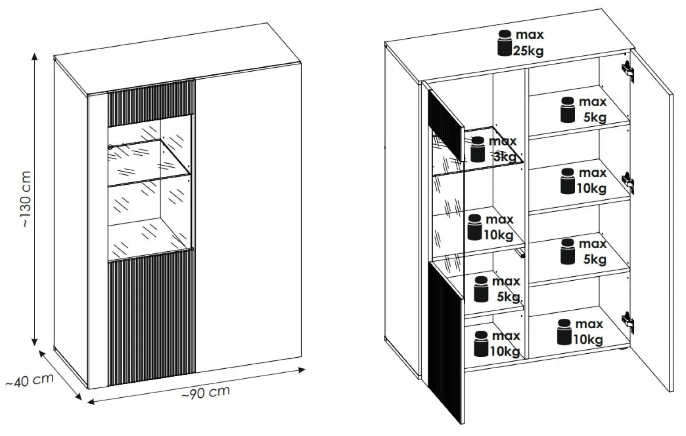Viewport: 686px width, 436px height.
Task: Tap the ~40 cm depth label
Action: [x=29, y=381]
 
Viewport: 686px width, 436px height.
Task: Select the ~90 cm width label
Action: [x=206, y=392]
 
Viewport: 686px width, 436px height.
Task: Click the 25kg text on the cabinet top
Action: [x=528, y=51]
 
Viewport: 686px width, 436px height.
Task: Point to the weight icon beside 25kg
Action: [x=505, y=43]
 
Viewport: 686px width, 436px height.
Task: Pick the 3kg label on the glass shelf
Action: [x=505, y=157]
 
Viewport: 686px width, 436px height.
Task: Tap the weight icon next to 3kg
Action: [x=478, y=149]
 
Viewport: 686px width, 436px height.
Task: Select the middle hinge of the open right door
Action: [x=628, y=183]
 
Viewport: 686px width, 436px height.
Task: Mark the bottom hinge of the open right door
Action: [x=628, y=322]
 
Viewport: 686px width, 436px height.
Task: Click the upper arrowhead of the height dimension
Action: [x=35, y=57]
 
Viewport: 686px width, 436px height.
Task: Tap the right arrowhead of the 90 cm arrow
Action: [x=302, y=370]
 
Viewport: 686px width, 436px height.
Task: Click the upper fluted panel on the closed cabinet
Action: [x=151, y=103]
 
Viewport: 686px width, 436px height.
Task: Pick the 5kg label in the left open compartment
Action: [x=508, y=297]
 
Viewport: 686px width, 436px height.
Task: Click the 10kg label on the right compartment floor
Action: [x=588, y=340]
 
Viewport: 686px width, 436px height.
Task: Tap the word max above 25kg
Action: [x=530, y=35]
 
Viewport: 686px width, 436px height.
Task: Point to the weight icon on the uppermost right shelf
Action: [x=568, y=110]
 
